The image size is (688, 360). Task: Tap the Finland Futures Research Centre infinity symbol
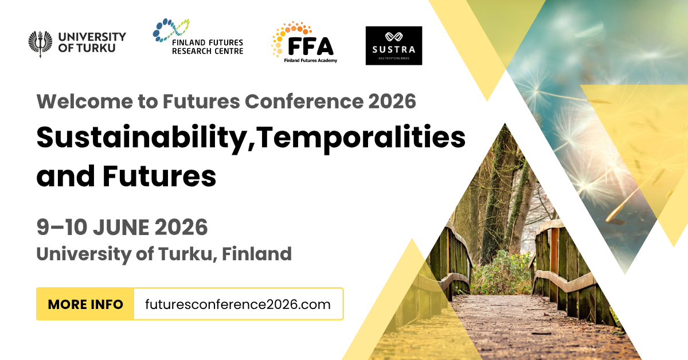click(x=170, y=29)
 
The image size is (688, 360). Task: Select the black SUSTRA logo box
click(x=394, y=45)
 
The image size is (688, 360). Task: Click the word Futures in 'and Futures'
click(x=159, y=177)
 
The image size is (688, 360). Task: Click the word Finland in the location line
click(x=257, y=253)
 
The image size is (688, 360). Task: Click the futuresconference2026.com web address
click(x=238, y=304)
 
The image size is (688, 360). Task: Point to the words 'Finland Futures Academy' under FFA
click(x=310, y=60)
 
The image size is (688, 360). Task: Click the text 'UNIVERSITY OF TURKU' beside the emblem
click(x=92, y=42)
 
